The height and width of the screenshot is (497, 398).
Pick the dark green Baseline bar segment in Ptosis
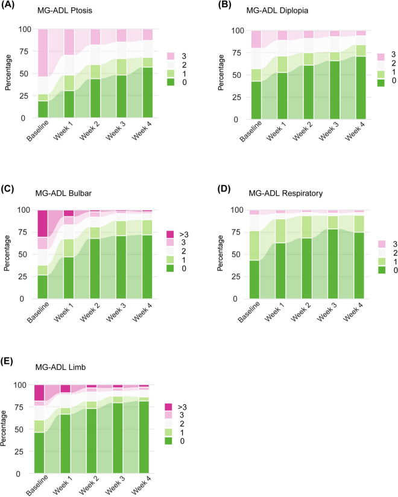42,110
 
